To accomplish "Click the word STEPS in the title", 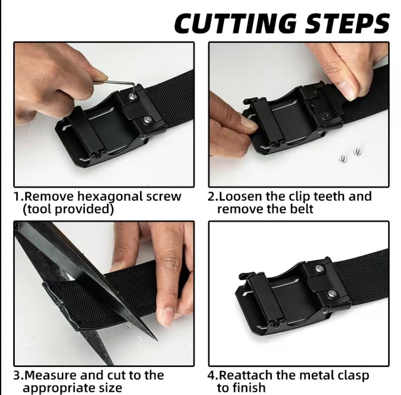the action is pos(347,23).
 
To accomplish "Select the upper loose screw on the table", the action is pos(357,151).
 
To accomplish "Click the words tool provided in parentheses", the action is pos(68,209).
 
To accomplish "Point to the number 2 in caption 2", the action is pos(211,196).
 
